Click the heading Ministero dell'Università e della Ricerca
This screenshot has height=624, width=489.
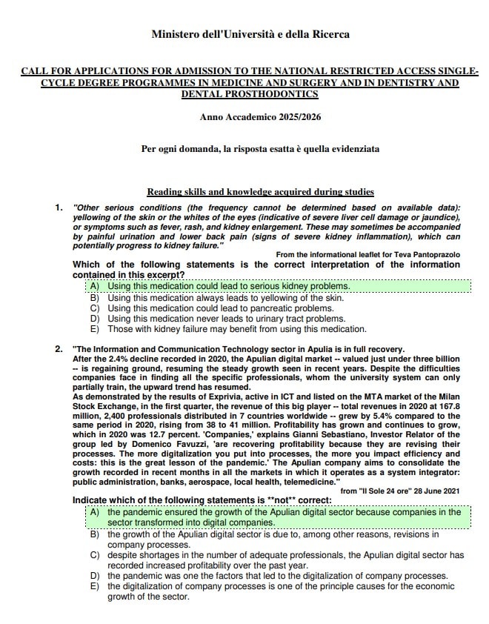(x=250, y=34)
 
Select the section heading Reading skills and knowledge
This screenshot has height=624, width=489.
(x=260, y=192)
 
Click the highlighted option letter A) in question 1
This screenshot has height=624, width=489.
(x=94, y=285)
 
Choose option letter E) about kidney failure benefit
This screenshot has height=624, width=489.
(x=94, y=329)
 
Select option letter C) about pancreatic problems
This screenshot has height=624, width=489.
(x=94, y=308)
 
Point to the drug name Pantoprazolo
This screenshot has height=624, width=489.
(x=430, y=254)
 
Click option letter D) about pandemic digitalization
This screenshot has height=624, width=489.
(x=94, y=576)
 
